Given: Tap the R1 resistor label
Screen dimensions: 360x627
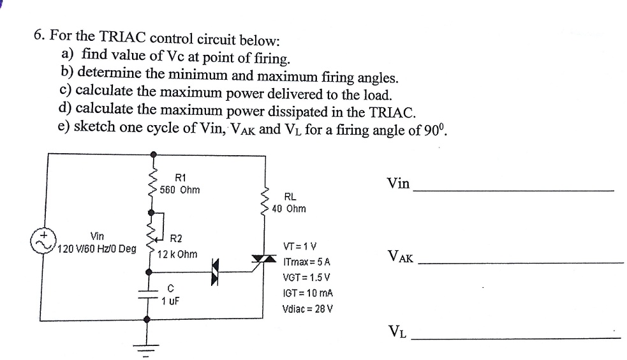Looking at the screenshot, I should (x=179, y=177).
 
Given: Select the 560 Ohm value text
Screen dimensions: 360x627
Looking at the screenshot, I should (x=179, y=190).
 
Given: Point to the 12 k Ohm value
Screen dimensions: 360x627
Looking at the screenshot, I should (x=177, y=253).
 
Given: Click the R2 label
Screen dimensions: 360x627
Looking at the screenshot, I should (x=177, y=239).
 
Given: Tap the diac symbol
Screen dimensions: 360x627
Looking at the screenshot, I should (x=217, y=269).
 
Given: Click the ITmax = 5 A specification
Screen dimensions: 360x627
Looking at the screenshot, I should (x=306, y=262).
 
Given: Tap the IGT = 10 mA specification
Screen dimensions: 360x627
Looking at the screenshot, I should (x=308, y=294).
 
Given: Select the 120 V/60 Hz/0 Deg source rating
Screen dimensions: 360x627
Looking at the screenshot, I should (x=96, y=248).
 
